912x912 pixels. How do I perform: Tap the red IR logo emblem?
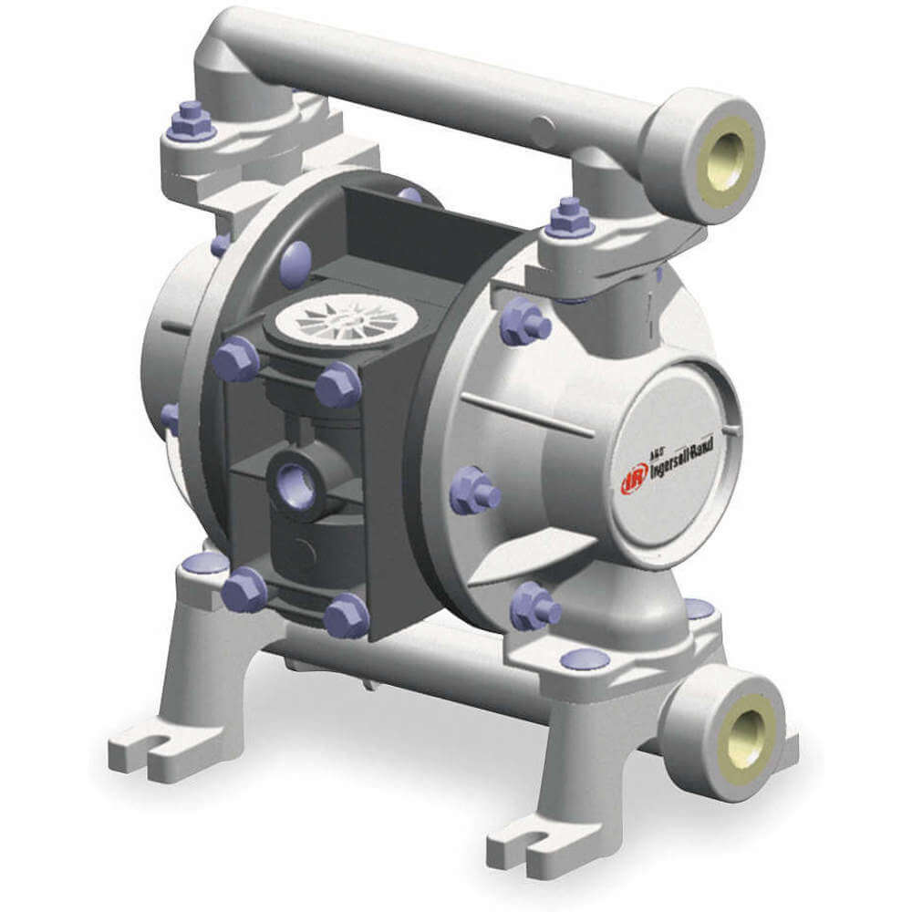tap(629, 481)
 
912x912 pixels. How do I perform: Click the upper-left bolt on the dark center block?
tap(233, 358)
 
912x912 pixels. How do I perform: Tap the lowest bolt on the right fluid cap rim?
tap(534, 606)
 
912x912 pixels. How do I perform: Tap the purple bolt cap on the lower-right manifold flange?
tap(585, 659)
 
